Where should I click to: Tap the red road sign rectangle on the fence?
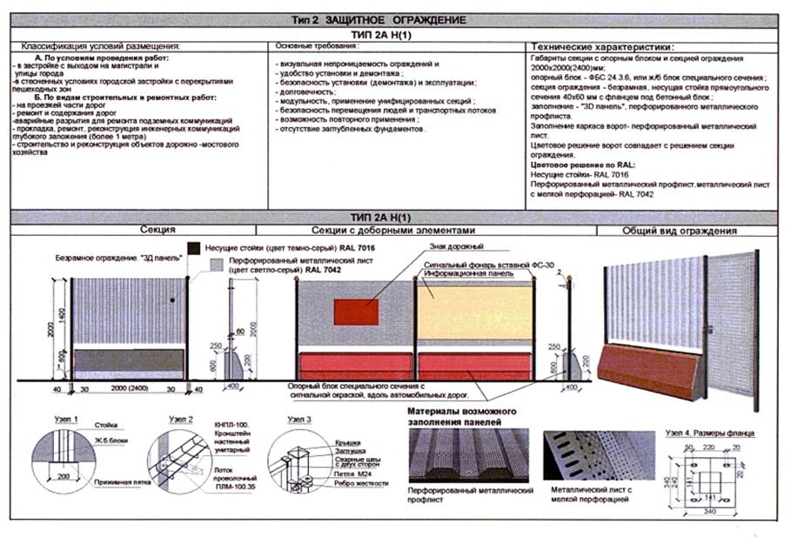pos(357,312)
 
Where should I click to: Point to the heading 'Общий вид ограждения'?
pos(680,232)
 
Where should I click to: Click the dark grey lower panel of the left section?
pos(128,361)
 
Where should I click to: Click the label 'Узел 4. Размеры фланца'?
pos(709,433)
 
